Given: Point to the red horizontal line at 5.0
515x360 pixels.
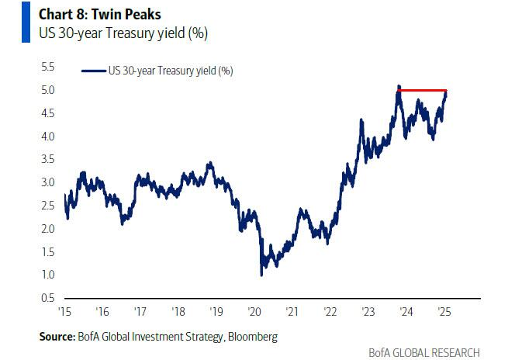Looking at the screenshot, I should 423,91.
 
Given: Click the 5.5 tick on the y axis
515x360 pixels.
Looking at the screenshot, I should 47,67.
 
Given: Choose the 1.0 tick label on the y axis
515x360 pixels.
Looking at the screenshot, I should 47,275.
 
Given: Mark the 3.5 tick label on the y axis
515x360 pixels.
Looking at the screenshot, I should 47,160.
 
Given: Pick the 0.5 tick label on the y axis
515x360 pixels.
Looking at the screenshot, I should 47,298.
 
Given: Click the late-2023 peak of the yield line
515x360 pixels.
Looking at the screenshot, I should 398,86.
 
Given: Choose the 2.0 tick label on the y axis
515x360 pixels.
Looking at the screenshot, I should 47,229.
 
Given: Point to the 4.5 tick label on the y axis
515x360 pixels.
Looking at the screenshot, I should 47,113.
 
